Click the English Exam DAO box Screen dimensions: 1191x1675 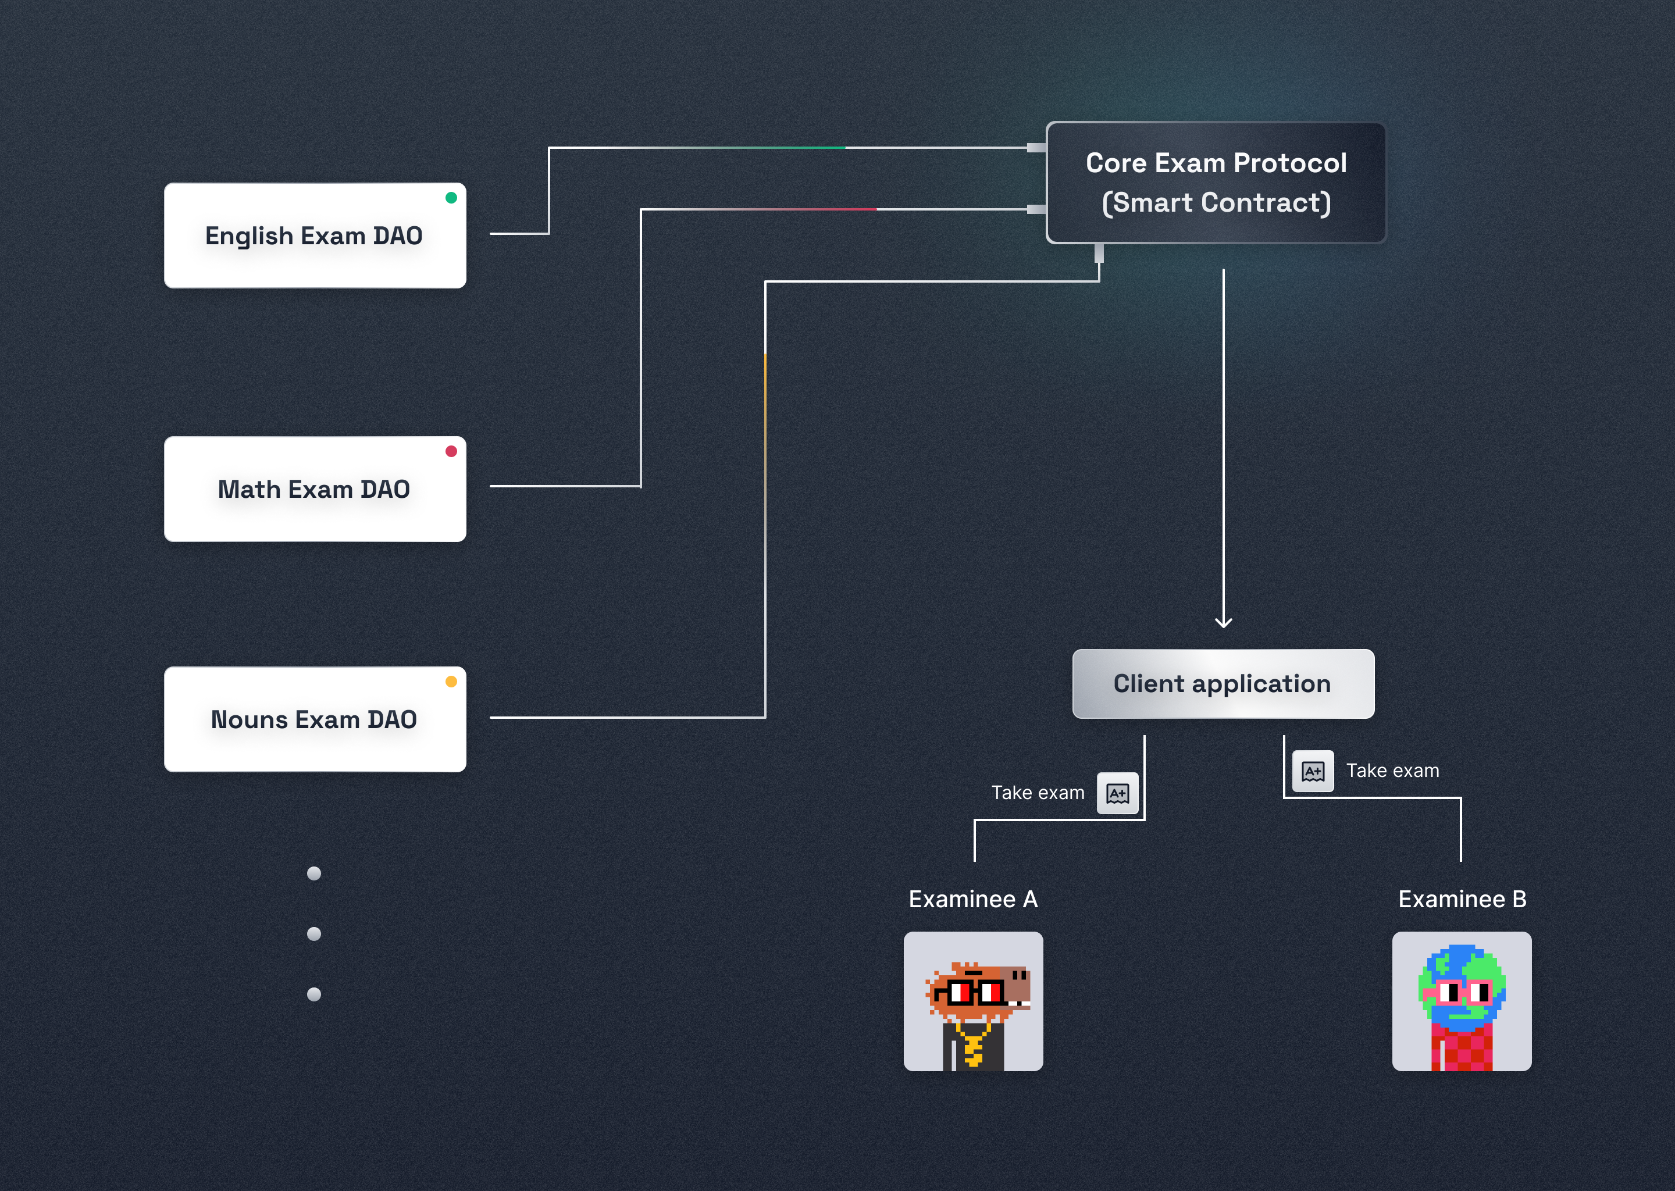coord(315,236)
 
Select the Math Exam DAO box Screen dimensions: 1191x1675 coord(315,489)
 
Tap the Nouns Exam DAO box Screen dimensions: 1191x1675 coord(315,719)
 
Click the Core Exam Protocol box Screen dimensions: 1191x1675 coord(1216,183)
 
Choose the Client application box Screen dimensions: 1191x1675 coord(1223,683)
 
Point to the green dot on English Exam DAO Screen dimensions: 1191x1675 coord(451,197)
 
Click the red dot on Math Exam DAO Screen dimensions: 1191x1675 coord(451,451)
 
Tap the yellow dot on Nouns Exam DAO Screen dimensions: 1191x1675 coord(451,682)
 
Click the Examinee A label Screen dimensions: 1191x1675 coord(973,899)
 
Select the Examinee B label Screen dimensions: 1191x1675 coord(1462,899)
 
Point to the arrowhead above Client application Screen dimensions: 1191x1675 coord(1223,623)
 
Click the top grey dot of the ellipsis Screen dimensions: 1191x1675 coord(314,873)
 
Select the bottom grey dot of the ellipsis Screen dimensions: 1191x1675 coord(314,994)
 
